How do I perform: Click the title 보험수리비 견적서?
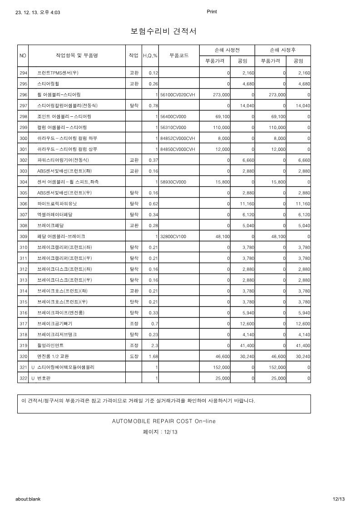tap(163, 31)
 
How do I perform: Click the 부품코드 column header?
tap(179, 55)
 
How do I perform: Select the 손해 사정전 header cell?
tap(227, 50)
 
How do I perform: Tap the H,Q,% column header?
tap(150, 55)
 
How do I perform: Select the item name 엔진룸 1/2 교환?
tap(53, 356)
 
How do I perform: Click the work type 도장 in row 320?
tap(133, 356)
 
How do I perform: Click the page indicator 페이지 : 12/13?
tap(160, 432)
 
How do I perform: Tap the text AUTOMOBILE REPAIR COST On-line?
tap(164, 421)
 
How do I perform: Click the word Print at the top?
tap(212, 12)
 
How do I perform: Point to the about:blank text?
tap(28, 499)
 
